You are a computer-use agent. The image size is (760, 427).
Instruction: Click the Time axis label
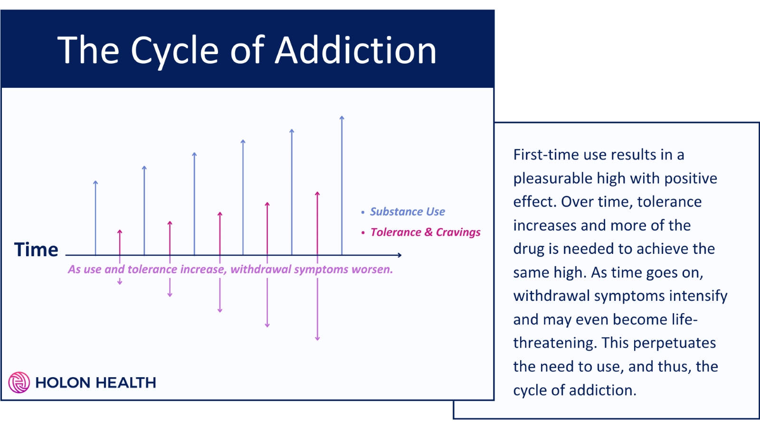(36, 250)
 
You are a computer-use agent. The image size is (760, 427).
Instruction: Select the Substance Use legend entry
(407, 212)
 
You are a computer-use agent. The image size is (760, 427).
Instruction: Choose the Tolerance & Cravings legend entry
(425, 232)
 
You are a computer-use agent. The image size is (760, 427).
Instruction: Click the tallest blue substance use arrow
(342, 185)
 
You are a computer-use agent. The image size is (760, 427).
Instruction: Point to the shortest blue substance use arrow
(95, 218)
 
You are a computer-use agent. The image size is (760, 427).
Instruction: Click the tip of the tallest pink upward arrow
(317, 193)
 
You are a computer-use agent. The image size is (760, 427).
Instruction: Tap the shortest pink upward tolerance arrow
(120, 242)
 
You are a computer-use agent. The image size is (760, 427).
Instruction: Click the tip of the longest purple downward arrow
(317, 339)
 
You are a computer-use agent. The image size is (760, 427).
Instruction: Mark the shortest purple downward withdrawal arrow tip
(120, 283)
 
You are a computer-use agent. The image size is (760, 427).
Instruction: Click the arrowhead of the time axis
(400, 255)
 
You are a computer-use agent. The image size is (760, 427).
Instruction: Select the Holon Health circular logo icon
(19, 382)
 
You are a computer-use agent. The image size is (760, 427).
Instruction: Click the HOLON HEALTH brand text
(95, 382)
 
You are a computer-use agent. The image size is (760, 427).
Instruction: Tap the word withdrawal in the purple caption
(261, 269)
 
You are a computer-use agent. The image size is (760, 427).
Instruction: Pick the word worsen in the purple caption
(373, 269)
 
